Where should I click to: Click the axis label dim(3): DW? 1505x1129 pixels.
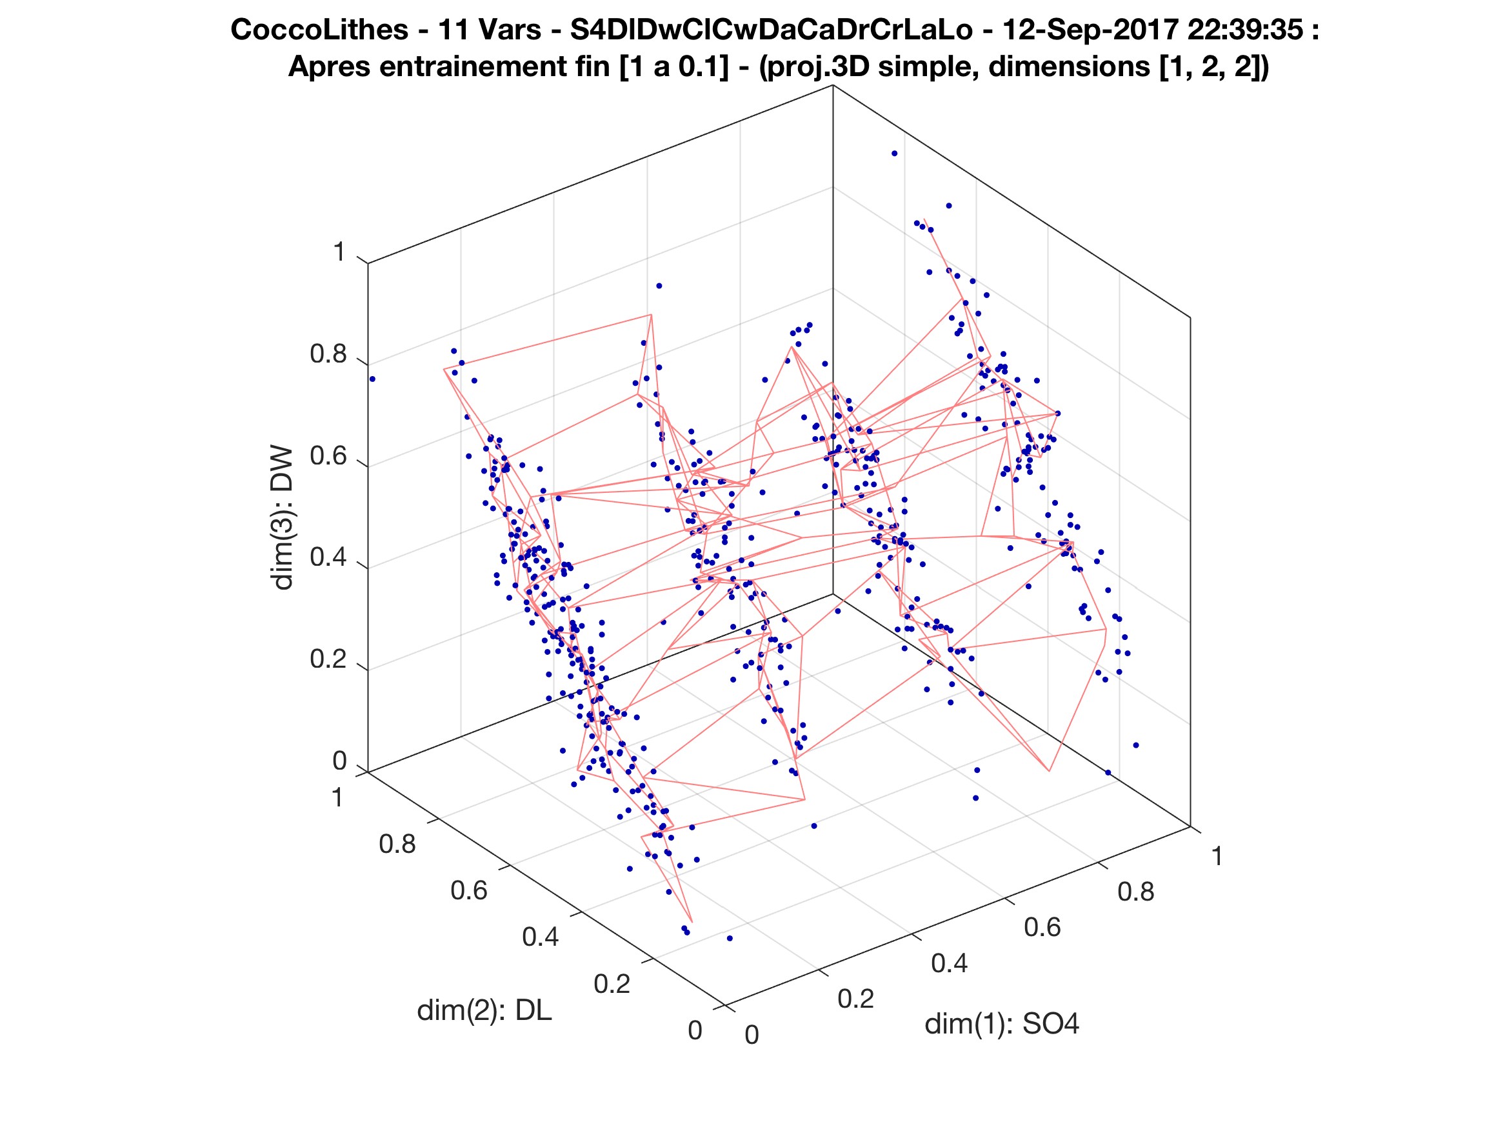pos(282,518)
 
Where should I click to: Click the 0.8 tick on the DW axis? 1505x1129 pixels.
pos(328,355)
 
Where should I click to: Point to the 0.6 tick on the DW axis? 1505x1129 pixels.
pos(328,457)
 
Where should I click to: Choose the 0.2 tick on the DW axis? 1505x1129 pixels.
pos(328,659)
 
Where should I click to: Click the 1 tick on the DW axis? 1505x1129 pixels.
pos(339,253)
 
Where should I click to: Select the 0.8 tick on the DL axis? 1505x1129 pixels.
pos(397,844)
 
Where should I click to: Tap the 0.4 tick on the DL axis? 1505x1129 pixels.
pos(540,938)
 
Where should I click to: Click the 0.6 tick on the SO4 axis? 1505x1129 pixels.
pos(1042,927)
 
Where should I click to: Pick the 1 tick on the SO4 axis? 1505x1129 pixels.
pos(1217,857)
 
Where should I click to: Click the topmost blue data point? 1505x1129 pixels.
pos(894,154)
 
